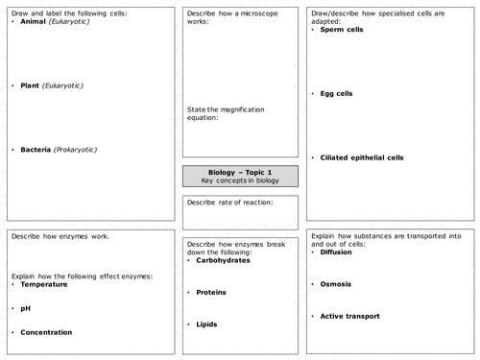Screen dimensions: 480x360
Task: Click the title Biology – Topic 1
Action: [x=240, y=171]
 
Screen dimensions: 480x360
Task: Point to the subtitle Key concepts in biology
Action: [x=240, y=180]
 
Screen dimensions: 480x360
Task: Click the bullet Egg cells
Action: [x=340, y=93]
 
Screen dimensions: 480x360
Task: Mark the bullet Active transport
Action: [x=350, y=316]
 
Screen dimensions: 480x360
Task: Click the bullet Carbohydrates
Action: [x=228, y=260]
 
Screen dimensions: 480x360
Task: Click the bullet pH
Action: [x=26, y=308]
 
